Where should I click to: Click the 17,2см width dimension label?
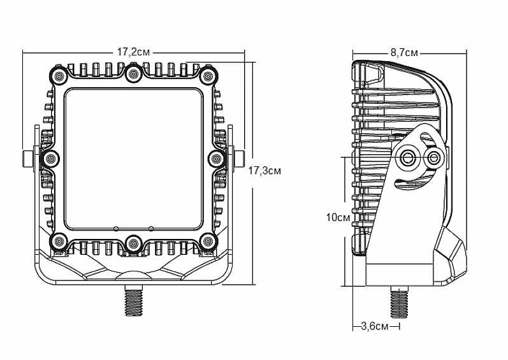(x=133, y=52)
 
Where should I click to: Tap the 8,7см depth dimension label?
(x=403, y=52)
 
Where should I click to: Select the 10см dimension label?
(x=338, y=217)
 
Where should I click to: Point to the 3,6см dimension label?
(x=375, y=327)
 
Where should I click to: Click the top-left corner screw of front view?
(x=59, y=76)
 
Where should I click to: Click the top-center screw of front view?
(x=133, y=75)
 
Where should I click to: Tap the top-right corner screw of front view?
(x=207, y=76)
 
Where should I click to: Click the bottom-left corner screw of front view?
(x=59, y=241)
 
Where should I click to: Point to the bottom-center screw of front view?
(x=133, y=242)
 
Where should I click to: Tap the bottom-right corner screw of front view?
(x=207, y=241)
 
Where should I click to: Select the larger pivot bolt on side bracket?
(x=409, y=157)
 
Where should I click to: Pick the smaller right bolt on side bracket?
(x=434, y=157)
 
